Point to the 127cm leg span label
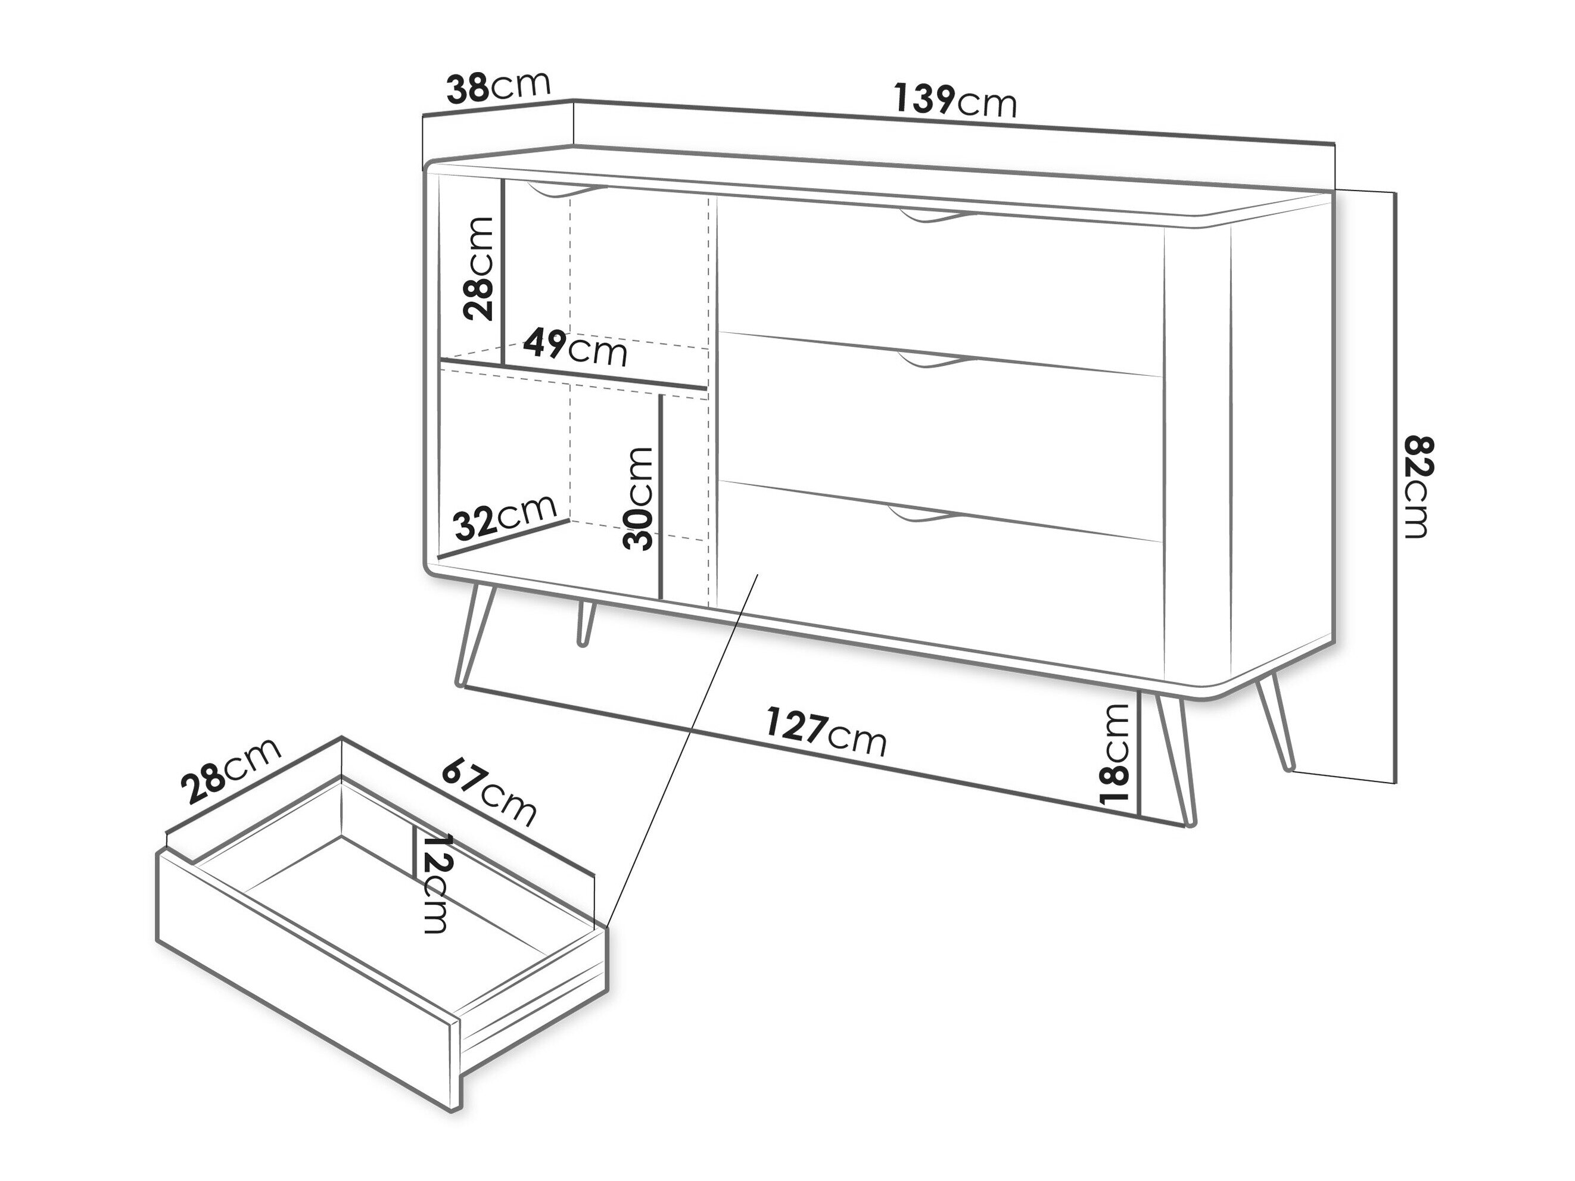click(x=826, y=732)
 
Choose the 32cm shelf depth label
click(x=505, y=517)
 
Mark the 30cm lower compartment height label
click(x=637, y=498)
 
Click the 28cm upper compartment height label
click(x=478, y=269)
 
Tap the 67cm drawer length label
click(x=488, y=792)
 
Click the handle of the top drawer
click(x=933, y=217)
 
